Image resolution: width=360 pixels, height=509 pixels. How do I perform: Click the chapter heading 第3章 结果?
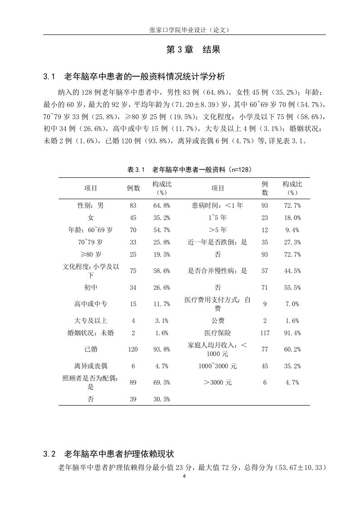(193, 50)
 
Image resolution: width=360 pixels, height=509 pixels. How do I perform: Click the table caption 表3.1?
(190, 169)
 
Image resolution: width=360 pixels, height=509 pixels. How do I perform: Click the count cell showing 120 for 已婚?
(133, 349)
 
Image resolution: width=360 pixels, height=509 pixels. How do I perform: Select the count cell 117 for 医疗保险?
(265, 333)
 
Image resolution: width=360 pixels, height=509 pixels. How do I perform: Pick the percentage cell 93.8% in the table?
(162, 349)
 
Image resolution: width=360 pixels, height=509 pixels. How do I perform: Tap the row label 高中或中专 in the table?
(91, 304)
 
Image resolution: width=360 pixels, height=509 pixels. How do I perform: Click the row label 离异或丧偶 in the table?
(91, 366)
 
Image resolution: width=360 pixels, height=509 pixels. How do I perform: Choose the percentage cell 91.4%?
(292, 333)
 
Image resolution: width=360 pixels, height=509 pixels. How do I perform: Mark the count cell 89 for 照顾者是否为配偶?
(133, 382)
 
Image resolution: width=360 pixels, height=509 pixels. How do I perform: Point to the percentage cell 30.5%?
(162, 399)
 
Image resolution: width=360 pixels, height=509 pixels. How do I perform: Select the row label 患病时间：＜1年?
(218, 206)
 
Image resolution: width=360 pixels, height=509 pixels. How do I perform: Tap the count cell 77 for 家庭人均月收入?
(265, 349)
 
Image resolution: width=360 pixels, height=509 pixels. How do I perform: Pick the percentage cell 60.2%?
(292, 349)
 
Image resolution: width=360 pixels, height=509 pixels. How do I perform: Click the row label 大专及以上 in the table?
(91, 321)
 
